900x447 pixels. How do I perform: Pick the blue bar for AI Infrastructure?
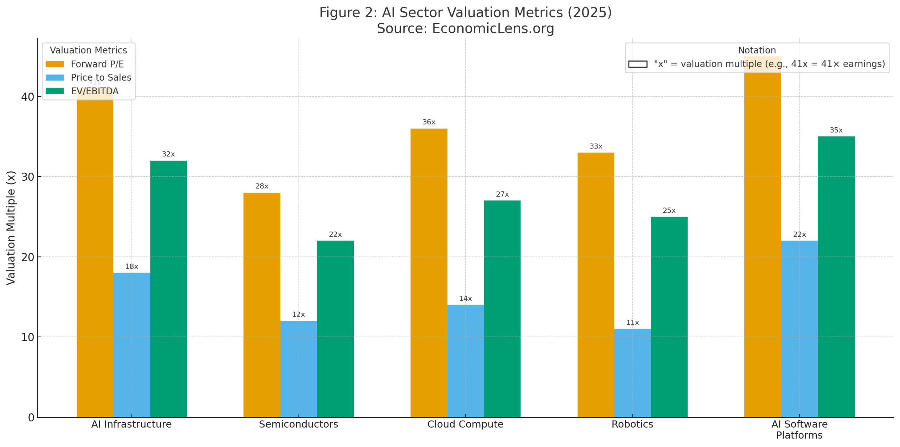click(x=131, y=344)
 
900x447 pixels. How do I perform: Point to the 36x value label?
click(x=429, y=122)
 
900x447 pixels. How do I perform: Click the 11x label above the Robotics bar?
click(x=632, y=322)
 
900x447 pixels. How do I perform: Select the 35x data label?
click(x=836, y=130)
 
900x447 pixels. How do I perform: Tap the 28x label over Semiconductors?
click(x=262, y=186)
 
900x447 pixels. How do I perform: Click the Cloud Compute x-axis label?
click(x=465, y=424)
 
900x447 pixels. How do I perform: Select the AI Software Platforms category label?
click(x=799, y=429)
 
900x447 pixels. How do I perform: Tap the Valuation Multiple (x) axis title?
click(x=11, y=228)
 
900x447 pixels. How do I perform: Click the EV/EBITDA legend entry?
click(x=95, y=91)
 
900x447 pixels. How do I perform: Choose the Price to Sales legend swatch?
click(x=54, y=77)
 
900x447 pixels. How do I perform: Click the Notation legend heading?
click(x=757, y=50)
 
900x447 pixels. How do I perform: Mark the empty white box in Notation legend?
click(x=637, y=64)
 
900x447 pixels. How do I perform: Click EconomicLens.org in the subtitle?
click(x=493, y=28)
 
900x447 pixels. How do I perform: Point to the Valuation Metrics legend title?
click(x=88, y=50)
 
